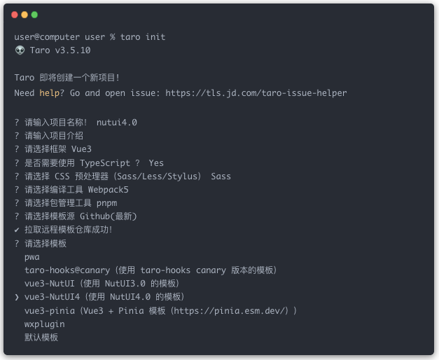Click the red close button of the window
click(x=15, y=15)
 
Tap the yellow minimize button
click(x=25, y=15)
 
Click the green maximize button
click(x=34, y=15)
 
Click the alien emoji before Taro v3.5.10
click(x=19, y=50)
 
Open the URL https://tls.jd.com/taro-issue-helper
click(x=256, y=92)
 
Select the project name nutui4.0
click(x=117, y=122)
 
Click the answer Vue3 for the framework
click(x=80, y=149)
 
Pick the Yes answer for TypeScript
click(x=156, y=162)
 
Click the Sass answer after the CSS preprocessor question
click(x=221, y=176)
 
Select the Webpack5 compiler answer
click(x=108, y=189)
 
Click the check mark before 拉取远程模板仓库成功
click(x=17, y=230)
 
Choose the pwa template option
click(x=32, y=256)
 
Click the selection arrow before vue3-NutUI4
click(x=17, y=297)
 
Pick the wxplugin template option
click(x=44, y=324)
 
